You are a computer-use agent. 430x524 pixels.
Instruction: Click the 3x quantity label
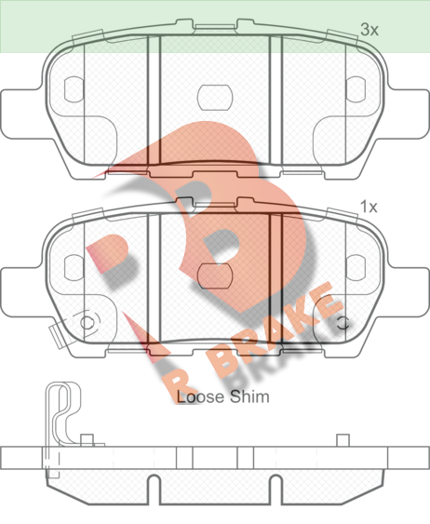click(370, 30)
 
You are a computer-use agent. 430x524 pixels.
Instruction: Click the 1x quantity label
click(369, 208)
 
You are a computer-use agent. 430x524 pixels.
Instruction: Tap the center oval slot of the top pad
click(214, 98)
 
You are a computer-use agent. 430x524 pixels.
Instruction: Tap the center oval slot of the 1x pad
click(214, 276)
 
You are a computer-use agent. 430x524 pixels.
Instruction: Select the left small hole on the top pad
click(74, 89)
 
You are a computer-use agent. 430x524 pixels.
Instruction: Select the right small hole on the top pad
click(356, 89)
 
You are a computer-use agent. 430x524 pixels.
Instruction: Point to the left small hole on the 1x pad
click(74, 267)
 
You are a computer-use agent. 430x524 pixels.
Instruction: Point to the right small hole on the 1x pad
click(356, 267)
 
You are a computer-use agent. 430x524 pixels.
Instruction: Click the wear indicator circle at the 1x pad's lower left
click(86, 323)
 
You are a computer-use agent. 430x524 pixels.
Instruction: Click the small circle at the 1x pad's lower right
click(343, 323)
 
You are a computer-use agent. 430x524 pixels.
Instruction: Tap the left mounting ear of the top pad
click(20, 114)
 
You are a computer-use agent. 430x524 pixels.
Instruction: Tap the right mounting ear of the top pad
click(409, 114)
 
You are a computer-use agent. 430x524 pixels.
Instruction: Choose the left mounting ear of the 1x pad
click(20, 291)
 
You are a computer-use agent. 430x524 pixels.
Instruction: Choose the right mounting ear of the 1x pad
click(409, 291)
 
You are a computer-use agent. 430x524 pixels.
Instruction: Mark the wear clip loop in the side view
click(63, 414)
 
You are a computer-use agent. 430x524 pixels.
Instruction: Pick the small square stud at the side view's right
click(343, 440)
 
